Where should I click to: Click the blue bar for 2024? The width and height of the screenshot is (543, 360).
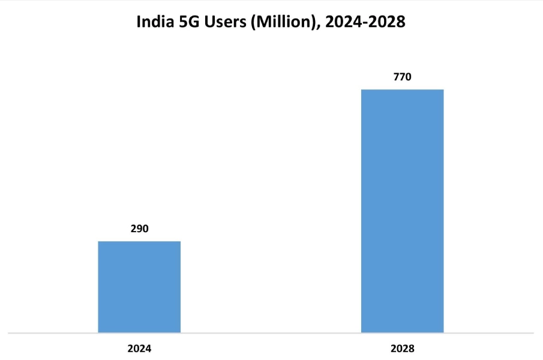coord(139,287)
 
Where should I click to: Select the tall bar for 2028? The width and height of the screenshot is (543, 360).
coord(402,211)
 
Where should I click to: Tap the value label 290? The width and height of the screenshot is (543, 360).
coord(139,229)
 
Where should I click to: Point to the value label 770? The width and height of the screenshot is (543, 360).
coord(402,77)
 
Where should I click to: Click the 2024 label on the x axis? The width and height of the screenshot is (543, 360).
coord(139,348)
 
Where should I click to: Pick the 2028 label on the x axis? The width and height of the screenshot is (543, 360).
coord(402,348)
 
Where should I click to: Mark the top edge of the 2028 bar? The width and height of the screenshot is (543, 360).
coord(402,89)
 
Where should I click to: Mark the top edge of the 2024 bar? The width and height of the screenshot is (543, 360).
coord(139,241)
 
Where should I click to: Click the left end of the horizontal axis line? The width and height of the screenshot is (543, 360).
coord(10,332)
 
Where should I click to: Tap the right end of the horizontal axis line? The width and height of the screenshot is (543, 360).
coord(533,332)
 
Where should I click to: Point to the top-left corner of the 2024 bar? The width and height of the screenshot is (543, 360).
coord(98,241)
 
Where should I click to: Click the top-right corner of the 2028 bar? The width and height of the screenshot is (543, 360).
coord(443,89)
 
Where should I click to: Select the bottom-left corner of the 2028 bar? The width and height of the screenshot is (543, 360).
coord(361,332)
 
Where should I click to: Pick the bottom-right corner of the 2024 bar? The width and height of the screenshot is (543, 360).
coord(180,332)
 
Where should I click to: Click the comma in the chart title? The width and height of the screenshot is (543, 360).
coord(316,28)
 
